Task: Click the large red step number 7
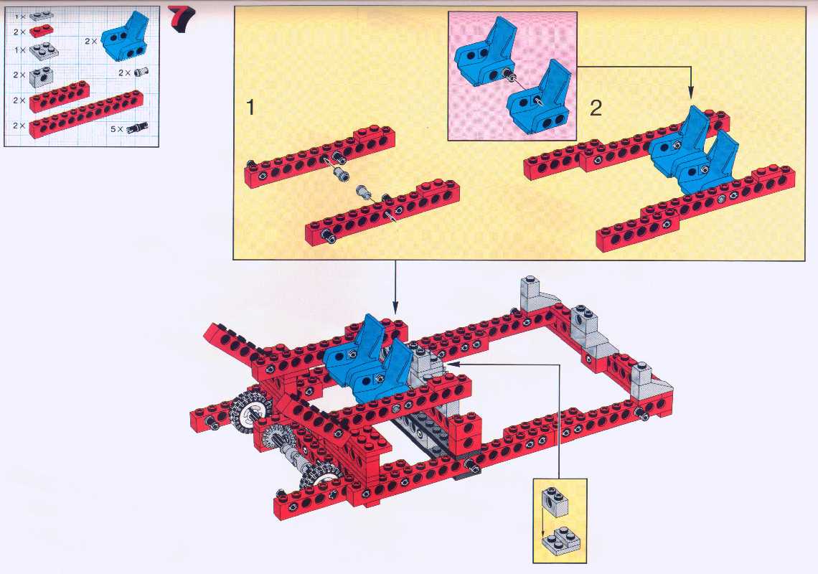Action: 181,19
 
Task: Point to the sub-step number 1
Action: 251,107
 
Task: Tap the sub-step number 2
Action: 596,108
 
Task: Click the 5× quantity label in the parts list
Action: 116,128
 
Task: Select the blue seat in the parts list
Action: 125,37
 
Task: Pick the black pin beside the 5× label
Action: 137,126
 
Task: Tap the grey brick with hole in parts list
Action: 41,77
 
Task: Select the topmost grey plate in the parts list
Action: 42,16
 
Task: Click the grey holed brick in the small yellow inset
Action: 555,502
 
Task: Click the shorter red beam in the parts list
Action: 59,97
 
